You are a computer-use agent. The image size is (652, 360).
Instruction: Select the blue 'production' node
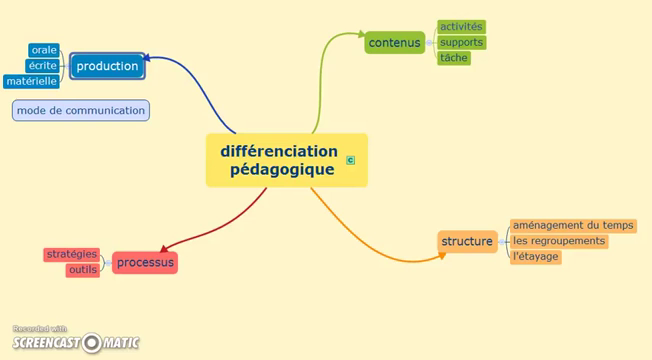pos(107,66)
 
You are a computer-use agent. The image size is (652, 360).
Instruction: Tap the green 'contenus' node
pos(394,42)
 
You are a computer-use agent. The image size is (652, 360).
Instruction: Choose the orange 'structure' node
pos(467,241)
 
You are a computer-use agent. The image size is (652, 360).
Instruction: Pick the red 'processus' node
pos(144,263)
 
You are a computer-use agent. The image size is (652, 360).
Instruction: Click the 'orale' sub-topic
pos(44,50)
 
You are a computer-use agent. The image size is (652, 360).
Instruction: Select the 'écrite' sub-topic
pos(43,66)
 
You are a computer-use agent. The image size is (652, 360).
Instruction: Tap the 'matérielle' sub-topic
pos(31,81)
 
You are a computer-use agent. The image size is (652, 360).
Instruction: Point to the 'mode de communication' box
pos(81,110)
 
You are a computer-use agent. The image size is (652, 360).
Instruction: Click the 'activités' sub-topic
pos(461,26)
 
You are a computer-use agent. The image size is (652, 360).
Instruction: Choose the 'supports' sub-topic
pos(461,42)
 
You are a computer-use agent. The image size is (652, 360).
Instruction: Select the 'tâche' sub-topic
pos(453,58)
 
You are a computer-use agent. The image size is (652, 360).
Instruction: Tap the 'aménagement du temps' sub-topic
pos(573,225)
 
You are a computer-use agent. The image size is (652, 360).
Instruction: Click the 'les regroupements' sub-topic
pos(559,241)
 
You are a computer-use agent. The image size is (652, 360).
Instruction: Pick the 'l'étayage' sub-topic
pos(535,257)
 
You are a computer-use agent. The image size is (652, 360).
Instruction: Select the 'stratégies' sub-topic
pos(71,254)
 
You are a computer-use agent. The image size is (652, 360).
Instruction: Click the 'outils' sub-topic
pos(83,270)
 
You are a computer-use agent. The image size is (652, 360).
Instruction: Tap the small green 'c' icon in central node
pos(350,159)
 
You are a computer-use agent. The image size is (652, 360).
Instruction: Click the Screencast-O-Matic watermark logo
pos(76,342)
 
